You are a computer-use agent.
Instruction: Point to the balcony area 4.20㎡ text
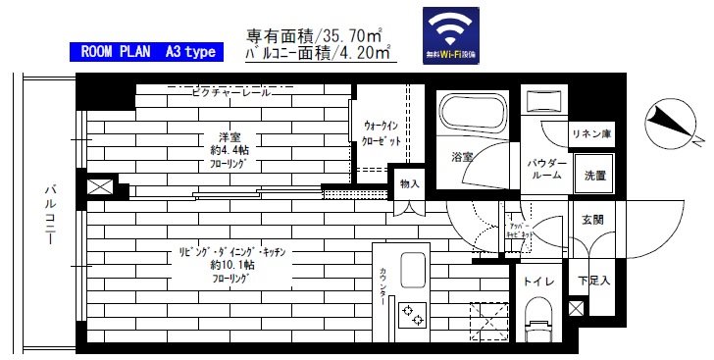pos(319,55)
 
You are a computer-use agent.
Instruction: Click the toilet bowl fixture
pos(537,323)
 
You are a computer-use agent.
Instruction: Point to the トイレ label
pos(537,283)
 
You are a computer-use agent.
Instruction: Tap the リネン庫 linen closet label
pos(592,134)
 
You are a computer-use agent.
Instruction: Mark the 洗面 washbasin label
pos(594,176)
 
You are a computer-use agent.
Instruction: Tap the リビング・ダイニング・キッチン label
pos(231,251)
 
